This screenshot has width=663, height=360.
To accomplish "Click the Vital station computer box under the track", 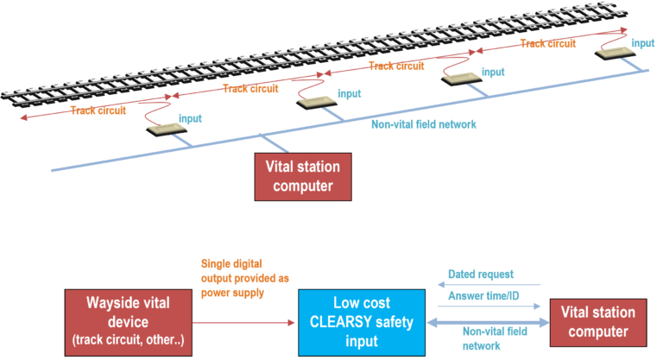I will pyautogui.click(x=303, y=177).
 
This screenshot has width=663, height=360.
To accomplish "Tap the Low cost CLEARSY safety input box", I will pyautogui.click(x=361, y=320).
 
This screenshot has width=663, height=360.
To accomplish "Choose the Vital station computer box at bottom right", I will pyautogui.click(x=598, y=320).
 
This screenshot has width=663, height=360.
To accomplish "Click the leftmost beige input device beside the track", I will pyautogui.click(x=167, y=129).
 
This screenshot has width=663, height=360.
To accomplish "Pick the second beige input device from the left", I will pyautogui.click(x=316, y=103).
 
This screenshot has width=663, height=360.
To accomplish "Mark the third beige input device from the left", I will pyautogui.click(x=462, y=79).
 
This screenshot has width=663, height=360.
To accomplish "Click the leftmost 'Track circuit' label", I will pyautogui.click(x=98, y=111).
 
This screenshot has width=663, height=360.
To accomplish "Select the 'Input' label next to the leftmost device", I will pyautogui.click(x=191, y=117).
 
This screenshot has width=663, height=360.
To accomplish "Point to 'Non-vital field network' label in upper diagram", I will pyautogui.click(x=423, y=124).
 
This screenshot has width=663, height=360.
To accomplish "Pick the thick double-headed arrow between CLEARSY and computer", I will pyautogui.click(x=488, y=322).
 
